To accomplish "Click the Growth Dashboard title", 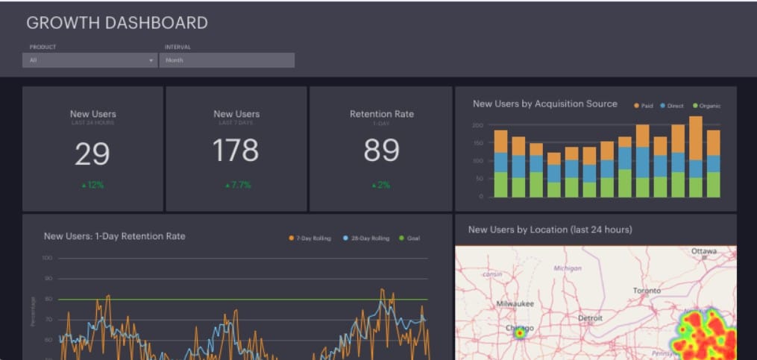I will click(117, 23).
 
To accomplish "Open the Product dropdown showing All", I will click(89, 60).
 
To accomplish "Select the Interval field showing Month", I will click(227, 60).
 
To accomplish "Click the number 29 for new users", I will click(92, 154).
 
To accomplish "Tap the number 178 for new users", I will click(236, 151).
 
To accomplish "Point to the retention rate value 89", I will click(381, 151).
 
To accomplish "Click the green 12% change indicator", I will click(92, 185).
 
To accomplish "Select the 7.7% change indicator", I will click(236, 185).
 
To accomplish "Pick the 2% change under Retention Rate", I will click(380, 185).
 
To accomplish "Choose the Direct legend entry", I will click(671, 106).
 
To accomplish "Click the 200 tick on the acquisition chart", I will click(477, 125).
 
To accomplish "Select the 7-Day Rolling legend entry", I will click(310, 239).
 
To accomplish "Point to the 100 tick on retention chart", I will click(47, 258).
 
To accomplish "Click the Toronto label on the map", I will click(647, 290).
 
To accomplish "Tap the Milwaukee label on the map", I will click(515, 303).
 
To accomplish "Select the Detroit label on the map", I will click(590, 318).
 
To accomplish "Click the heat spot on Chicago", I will click(519, 333).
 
